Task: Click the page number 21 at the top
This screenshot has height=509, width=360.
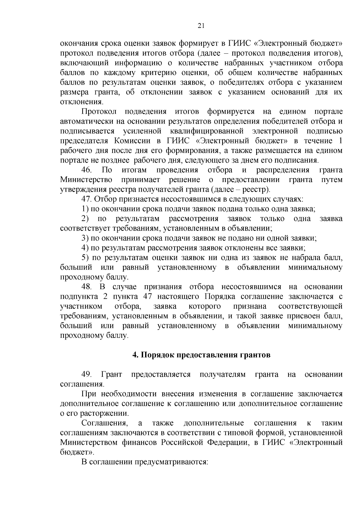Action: coord(201,26)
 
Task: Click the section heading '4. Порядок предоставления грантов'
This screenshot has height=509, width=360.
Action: coord(201,355)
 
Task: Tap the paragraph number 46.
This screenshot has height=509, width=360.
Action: coord(86,170)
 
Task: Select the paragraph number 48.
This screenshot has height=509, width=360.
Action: coord(86,287)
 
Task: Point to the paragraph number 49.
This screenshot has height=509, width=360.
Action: coord(86,374)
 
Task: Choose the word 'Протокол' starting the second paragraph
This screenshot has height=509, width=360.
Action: coord(99,112)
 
